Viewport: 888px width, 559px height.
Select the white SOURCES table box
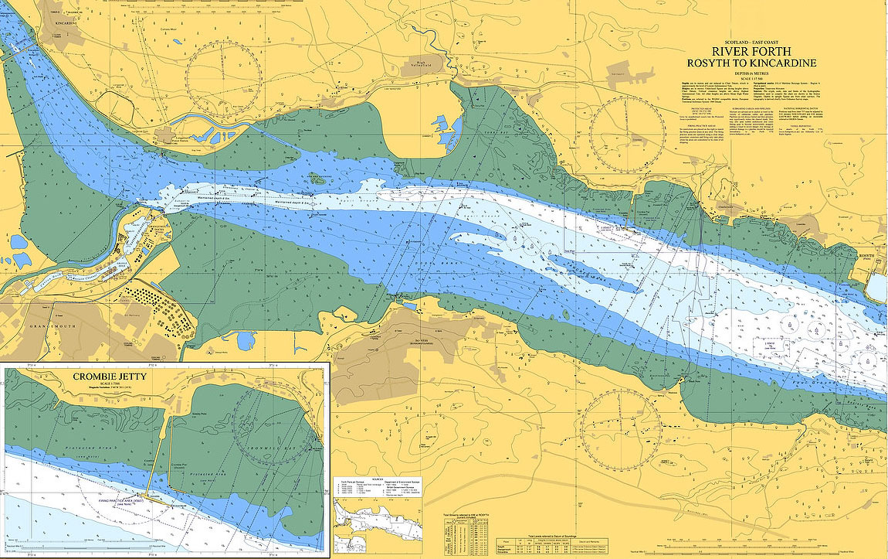tap(378, 487)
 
